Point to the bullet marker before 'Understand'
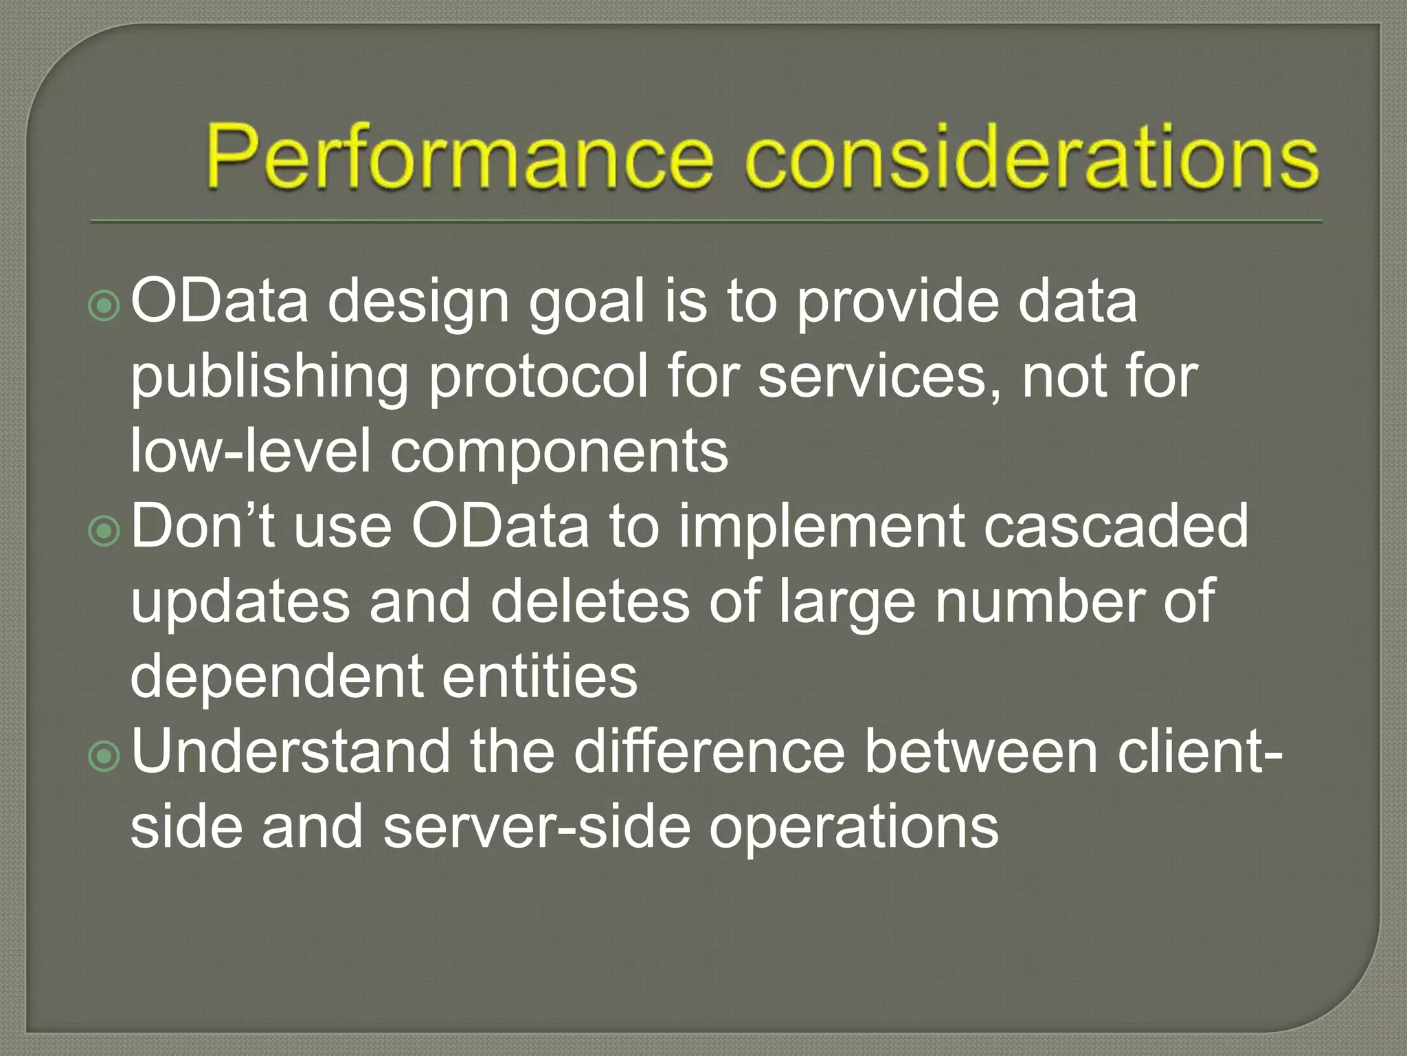(104, 756)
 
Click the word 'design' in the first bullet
(417, 304)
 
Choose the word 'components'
(559, 454)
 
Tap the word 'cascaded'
(1116, 527)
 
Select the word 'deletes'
(589, 602)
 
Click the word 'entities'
(540, 676)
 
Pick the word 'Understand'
(289, 751)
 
